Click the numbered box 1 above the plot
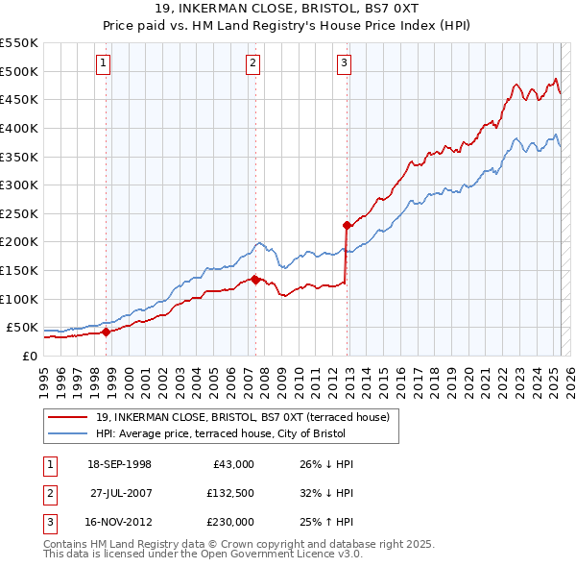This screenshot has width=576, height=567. (103, 64)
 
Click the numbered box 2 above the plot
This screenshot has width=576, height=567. (252, 64)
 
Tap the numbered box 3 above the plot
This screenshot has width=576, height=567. (344, 64)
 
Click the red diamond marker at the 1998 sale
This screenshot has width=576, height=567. (106, 332)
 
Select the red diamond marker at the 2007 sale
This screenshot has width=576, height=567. (255, 280)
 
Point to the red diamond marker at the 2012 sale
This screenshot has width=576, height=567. (347, 225)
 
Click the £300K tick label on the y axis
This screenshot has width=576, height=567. (19, 185)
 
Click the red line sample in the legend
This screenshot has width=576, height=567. (68, 417)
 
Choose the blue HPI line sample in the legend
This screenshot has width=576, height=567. (68, 433)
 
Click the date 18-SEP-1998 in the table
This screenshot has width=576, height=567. (120, 464)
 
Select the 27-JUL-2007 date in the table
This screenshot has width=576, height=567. (120, 493)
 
